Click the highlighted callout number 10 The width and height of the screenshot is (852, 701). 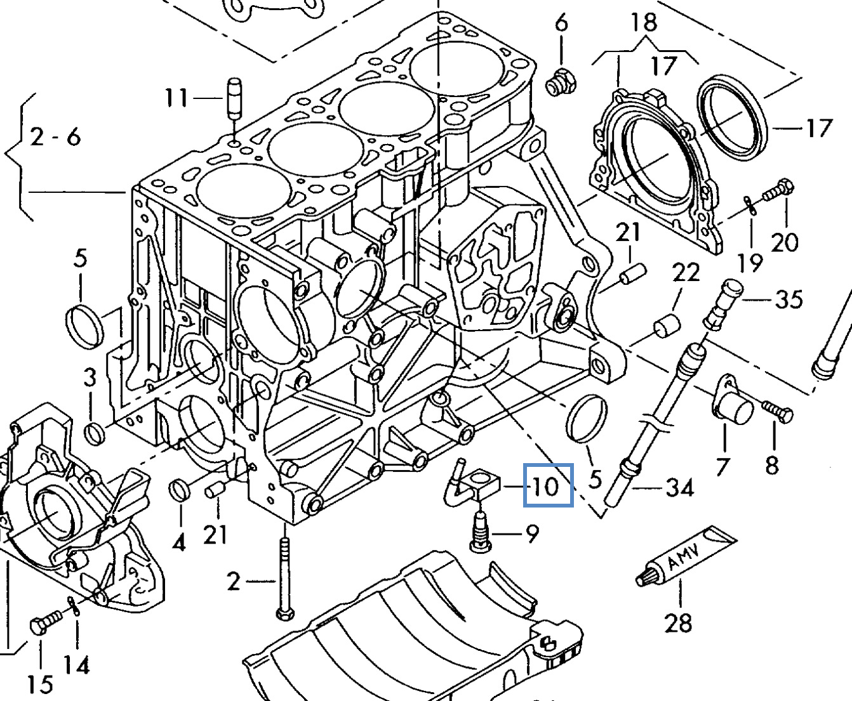pos(548,486)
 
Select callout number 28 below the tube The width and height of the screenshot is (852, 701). pos(677,622)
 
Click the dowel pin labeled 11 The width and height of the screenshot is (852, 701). pos(234,98)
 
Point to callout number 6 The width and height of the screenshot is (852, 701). pos(561,23)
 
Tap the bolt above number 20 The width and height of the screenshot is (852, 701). pos(778,190)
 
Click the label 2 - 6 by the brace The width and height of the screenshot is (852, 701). pos(56,136)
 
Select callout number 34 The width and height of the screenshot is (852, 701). pos(679,487)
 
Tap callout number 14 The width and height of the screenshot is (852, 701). pos(76,665)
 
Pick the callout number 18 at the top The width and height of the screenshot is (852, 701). pos(643,22)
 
